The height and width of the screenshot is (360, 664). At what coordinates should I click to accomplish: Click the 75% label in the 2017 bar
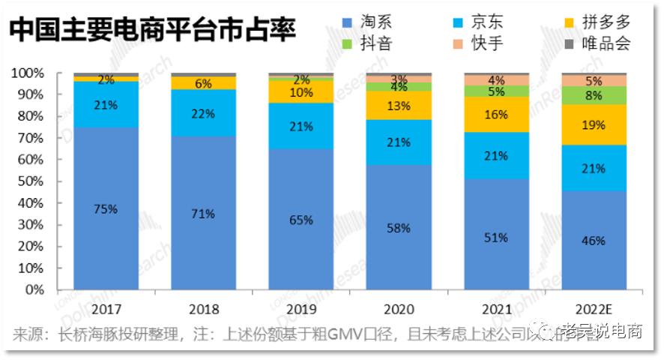pos(106,209)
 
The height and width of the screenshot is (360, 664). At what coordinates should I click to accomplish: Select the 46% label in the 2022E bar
pos(594,241)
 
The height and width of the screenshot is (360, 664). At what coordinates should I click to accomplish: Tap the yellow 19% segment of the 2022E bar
pos(594,125)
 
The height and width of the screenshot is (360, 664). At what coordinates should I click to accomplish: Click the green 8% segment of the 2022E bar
pos(594,95)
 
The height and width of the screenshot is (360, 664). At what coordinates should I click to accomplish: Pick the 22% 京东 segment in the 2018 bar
pos(203,113)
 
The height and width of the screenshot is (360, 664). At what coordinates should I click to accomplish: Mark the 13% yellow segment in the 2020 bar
pos(399,106)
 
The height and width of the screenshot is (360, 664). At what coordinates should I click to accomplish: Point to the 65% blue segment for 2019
pos(301,220)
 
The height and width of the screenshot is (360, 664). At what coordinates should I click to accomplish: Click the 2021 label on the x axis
pos(497,308)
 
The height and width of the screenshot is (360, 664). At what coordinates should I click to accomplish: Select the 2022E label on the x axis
pos(594,308)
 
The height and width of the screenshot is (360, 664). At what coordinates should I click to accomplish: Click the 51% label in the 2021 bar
pos(497,237)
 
